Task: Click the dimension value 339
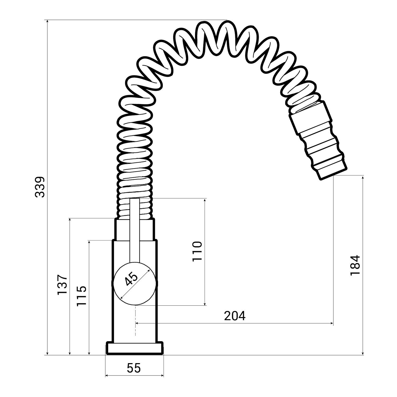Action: tap(40, 187)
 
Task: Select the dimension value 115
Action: tap(82, 296)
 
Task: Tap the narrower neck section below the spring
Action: tap(134, 229)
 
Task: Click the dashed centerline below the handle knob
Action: tap(136, 320)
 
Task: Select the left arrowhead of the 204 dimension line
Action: tap(137, 323)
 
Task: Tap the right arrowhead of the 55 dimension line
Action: tap(162, 375)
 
